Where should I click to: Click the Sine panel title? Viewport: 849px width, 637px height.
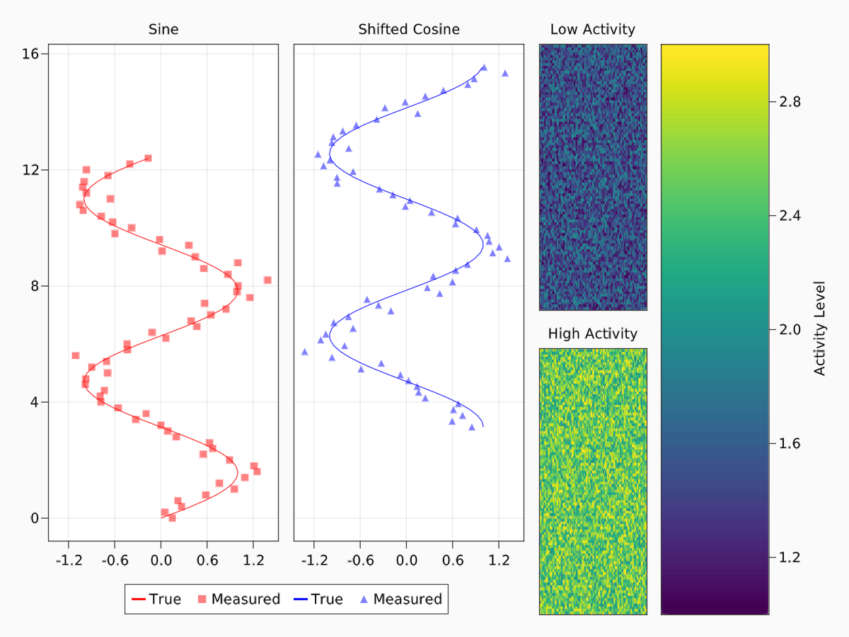pyautogui.click(x=163, y=30)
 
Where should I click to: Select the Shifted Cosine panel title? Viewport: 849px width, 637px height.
pyautogui.click(x=408, y=30)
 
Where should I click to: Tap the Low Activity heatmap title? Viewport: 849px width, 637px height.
pyautogui.click(x=592, y=30)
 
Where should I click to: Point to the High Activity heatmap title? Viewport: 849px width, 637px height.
pyautogui.click(x=592, y=334)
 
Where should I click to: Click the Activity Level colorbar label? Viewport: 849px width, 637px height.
pyautogui.click(x=820, y=328)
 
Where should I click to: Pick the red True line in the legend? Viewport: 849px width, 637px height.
pyautogui.click(x=138, y=599)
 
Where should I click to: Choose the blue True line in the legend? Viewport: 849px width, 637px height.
pyautogui.click(x=299, y=599)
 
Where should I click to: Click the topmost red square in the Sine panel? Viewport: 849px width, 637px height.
pyautogui.click(x=148, y=158)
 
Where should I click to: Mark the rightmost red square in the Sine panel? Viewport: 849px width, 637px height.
pyautogui.click(x=267, y=280)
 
